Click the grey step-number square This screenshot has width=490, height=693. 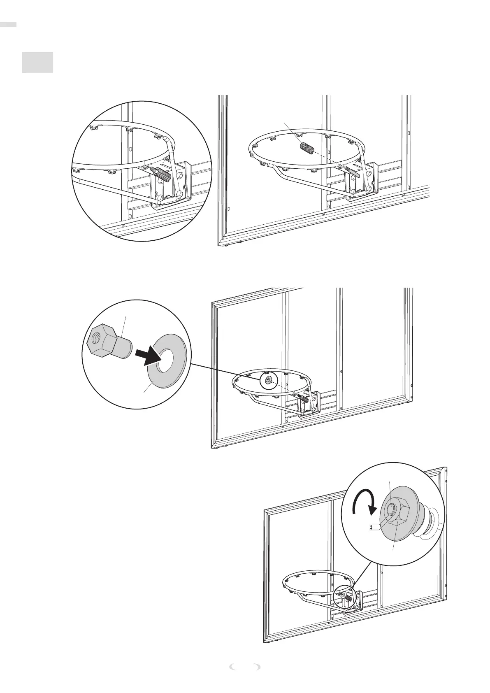click(37, 63)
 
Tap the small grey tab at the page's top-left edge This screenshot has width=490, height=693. click(8, 25)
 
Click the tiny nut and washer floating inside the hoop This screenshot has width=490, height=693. click(268, 381)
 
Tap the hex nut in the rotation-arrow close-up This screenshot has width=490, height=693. click(396, 511)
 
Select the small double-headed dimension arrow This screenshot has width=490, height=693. click(372, 527)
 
